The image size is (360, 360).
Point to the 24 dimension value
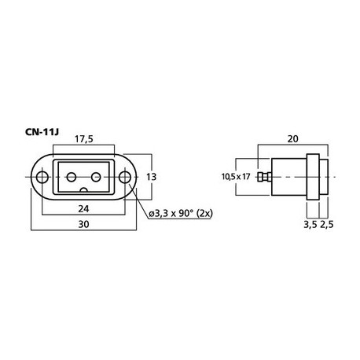pos(83,209)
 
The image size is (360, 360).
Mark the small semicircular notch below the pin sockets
pos(83,191)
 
